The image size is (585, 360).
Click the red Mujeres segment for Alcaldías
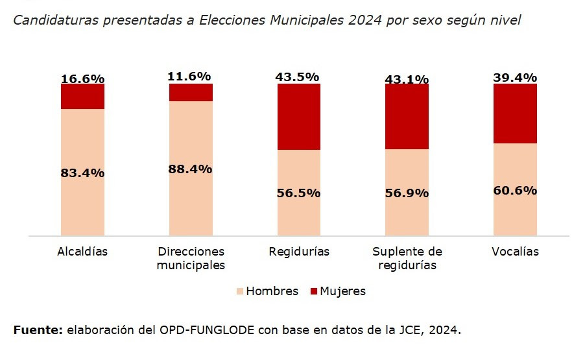[82, 97]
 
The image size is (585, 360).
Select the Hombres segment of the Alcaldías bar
[82, 195]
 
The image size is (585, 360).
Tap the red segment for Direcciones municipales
[191, 93]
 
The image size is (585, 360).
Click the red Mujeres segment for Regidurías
[299, 117]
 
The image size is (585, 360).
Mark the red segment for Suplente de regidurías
[407, 117]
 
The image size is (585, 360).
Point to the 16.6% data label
[82, 78]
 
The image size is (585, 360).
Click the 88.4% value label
[191, 169]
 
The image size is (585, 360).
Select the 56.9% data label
[406, 193]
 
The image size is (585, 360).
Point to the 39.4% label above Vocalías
[515, 77]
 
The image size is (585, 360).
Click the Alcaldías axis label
[82, 252]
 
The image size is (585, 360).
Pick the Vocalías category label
[515, 252]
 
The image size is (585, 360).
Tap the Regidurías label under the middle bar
[299, 252]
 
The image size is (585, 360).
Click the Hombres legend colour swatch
[240, 291]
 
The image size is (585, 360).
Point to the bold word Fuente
[38, 330]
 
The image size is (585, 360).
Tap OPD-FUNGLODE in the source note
[207, 330]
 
